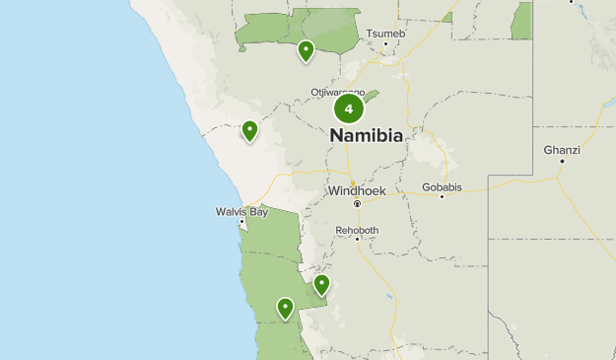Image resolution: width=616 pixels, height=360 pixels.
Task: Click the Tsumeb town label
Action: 385,34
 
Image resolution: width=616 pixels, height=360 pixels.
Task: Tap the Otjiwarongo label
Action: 338,92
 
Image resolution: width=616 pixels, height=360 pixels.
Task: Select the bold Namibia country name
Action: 366,136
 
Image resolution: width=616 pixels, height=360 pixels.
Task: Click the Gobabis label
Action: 441,185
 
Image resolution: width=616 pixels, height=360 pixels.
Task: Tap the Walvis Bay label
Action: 241,211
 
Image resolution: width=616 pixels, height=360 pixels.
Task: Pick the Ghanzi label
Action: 562,150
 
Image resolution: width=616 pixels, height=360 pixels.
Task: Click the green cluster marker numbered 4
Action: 348,109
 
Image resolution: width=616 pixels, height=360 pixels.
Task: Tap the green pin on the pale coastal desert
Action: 249,129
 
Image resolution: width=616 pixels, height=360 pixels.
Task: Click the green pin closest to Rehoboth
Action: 321,285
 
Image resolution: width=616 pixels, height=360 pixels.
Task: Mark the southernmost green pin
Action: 285,308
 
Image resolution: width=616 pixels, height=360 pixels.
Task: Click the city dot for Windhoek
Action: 357,203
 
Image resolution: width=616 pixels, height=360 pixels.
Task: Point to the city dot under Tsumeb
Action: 385,43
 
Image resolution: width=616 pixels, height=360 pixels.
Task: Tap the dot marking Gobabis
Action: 442,196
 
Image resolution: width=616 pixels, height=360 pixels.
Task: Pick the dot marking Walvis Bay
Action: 241,222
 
